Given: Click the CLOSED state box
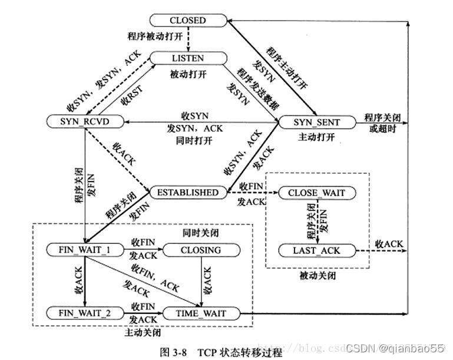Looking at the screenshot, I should (189, 20).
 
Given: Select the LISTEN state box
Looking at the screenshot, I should (188, 58).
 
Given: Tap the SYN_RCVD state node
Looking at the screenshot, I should (85, 121).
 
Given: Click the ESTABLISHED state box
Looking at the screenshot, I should (188, 193).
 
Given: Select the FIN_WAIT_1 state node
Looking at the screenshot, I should (84, 250).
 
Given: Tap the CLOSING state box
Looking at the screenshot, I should (200, 250).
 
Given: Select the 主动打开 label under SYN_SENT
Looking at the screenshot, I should (317, 137).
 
